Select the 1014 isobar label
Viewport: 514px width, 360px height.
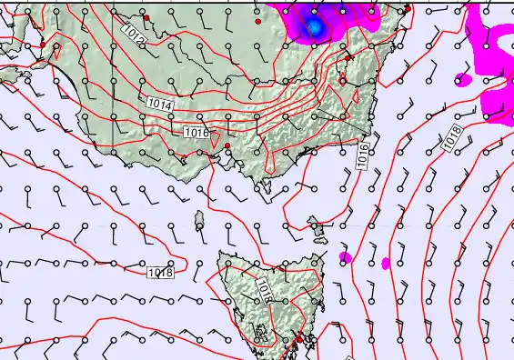[156, 106]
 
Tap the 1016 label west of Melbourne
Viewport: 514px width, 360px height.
[196, 133]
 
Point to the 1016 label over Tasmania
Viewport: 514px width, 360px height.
[264, 289]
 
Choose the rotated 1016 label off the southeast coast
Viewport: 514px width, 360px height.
[363, 152]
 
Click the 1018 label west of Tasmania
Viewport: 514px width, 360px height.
[160, 272]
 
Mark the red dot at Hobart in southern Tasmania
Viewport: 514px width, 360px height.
[297, 339]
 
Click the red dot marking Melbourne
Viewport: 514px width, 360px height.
[227, 145]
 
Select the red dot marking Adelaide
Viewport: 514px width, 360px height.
[43, 45]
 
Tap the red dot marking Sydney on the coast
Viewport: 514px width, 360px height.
[407, 9]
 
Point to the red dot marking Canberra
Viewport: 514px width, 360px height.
[342, 80]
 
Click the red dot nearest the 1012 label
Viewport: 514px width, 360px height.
[146, 18]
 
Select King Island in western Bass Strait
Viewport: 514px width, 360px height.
[199, 219]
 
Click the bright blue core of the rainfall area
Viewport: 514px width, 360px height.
[315, 27]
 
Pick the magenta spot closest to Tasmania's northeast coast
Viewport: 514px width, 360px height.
[345, 257]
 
